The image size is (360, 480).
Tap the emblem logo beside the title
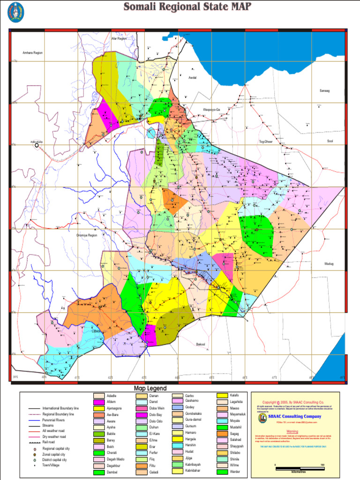[15, 12]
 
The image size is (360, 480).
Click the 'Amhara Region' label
[32, 53]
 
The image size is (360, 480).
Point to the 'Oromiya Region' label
[87, 235]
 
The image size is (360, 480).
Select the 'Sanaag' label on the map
[324, 90]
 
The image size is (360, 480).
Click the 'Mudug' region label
[329, 264]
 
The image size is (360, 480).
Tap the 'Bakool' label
[201, 344]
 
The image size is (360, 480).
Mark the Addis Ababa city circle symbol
[37, 146]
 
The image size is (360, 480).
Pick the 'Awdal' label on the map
[192, 77]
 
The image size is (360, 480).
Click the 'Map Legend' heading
[150, 389]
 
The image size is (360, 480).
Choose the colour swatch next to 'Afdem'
[99, 402]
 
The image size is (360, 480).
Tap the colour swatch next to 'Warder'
[222, 472]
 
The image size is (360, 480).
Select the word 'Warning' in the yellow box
[292, 431]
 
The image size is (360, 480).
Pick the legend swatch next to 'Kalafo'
[222, 396]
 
